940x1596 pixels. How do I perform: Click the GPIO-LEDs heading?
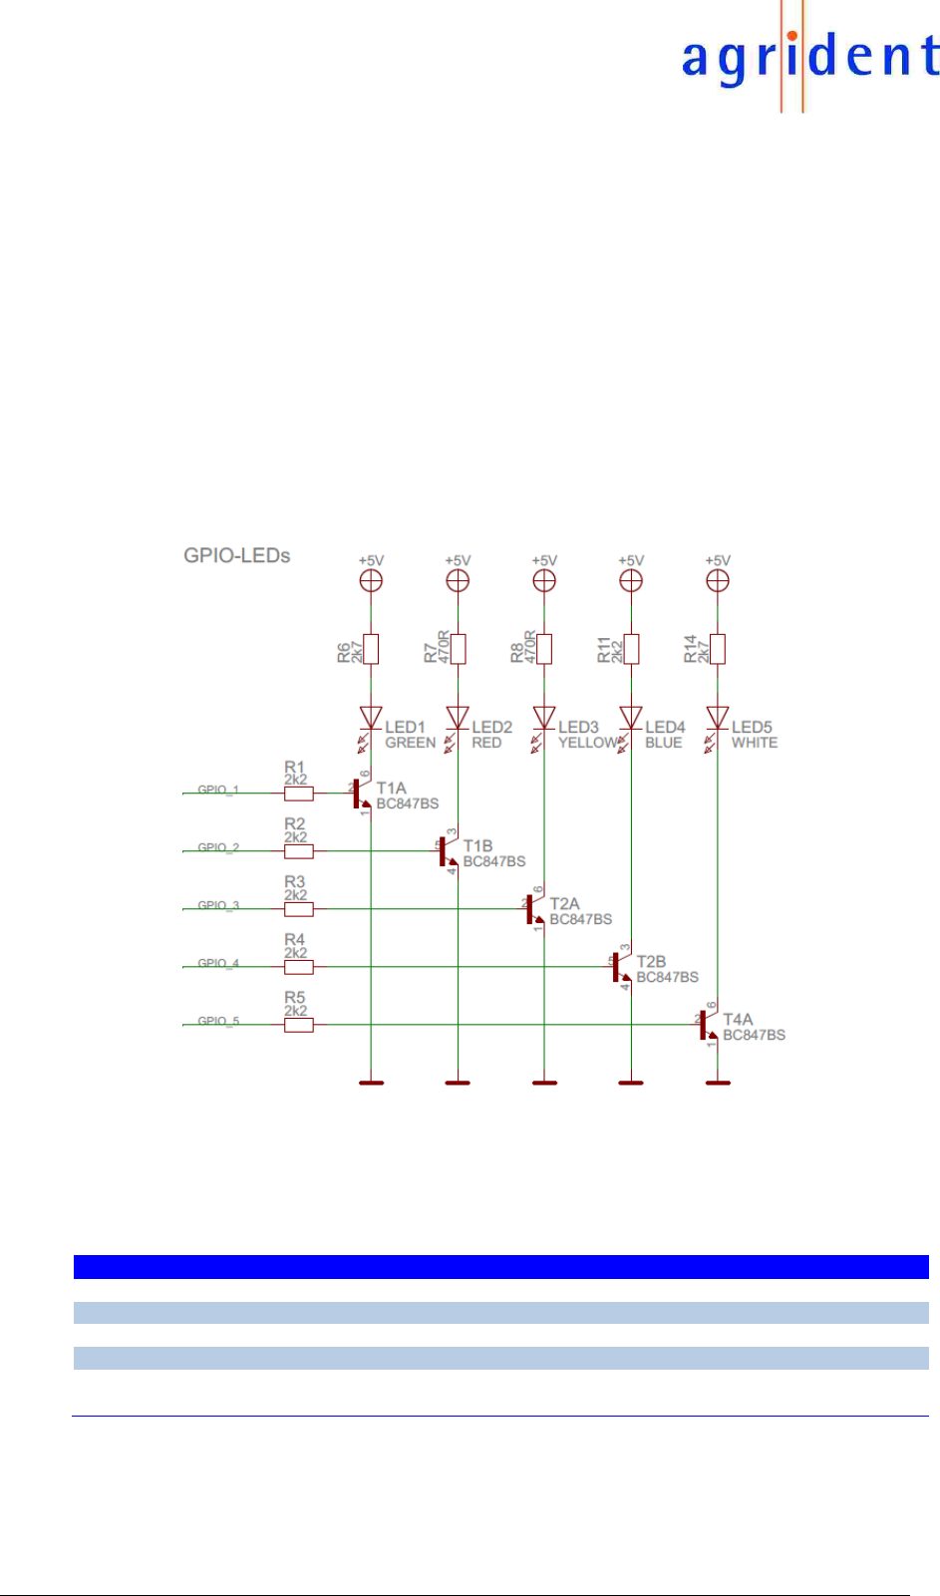pyautogui.click(x=236, y=555)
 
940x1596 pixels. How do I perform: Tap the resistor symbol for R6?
pyautogui.click(x=371, y=649)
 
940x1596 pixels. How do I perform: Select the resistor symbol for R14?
pyautogui.click(x=718, y=649)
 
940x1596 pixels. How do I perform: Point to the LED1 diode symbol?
pyautogui.click(x=371, y=718)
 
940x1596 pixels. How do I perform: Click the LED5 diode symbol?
pyautogui.click(x=718, y=718)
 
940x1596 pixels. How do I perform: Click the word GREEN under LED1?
pyautogui.click(x=410, y=743)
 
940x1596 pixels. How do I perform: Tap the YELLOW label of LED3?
pyautogui.click(x=587, y=743)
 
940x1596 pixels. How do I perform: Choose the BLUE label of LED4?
pyautogui.click(x=663, y=743)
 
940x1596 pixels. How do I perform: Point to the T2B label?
pyautogui.click(x=651, y=961)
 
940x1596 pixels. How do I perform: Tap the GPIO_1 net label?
pyautogui.click(x=218, y=790)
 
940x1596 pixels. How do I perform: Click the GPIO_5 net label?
pyautogui.click(x=218, y=1021)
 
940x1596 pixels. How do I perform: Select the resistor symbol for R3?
pyautogui.click(x=298, y=909)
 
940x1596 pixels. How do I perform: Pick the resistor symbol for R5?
pyautogui.click(x=298, y=1025)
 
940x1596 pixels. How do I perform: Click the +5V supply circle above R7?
pyautogui.click(x=458, y=580)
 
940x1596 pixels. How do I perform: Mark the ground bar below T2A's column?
pyautogui.click(x=544, y=1082)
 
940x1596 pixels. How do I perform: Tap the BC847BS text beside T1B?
pyautogui.click(x=493, y=861)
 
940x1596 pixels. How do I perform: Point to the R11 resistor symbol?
pyautogui.click(x=631, y=649)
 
